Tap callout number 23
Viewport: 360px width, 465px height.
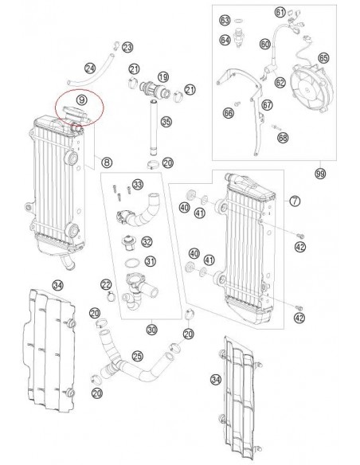pos(128,49)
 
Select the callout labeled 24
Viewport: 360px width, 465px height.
pos(90,68)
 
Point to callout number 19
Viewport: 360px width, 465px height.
pos(162,76)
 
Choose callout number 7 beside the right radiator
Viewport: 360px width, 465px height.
pos(294,201)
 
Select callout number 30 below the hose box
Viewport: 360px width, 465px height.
pos(151,327)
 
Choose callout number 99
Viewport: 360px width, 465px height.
pos(320,173)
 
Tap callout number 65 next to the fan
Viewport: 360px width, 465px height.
pos(323,57)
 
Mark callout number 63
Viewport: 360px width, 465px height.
pos(225,19)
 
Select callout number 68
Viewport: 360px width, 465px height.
pos(283,137)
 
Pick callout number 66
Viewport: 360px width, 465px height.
pos(229,114)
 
